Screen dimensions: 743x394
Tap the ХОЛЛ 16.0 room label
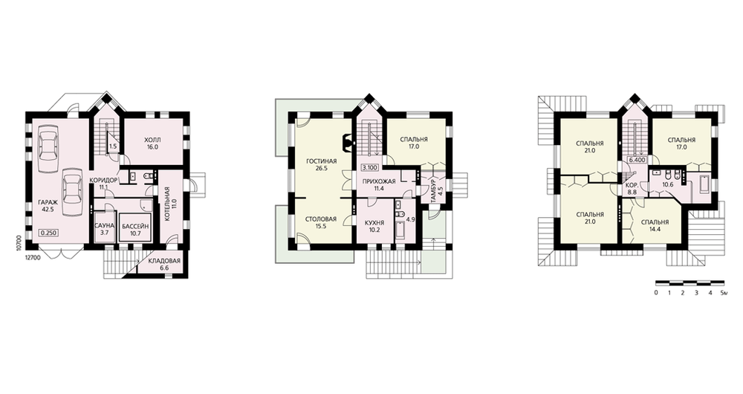(x=152, y=143)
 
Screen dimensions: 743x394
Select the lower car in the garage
(x=73, y=187)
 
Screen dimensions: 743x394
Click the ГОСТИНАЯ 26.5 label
(x=321, y=164)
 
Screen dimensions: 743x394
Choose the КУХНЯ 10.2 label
(x=374, y=226)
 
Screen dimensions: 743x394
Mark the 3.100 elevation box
(x=369, y=167)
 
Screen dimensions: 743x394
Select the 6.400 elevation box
(x=637, y=161)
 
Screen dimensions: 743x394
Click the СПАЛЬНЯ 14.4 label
(x=655, y=226)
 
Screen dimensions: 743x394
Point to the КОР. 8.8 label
(x=632, y=189)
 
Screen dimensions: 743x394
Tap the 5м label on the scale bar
(x=723, y=293)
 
